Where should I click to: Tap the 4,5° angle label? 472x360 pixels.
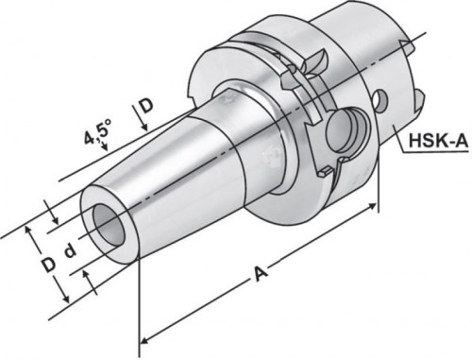click(x=98, y=131)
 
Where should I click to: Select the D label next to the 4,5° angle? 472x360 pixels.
click(x=145, y=106)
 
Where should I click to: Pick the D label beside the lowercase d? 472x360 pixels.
click(x=48, y=265)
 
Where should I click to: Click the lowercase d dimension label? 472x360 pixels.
click(x=70, y=251)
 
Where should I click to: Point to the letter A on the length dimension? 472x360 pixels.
click(x=261, y=273)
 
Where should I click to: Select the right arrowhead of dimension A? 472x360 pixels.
click(x=371, y=206)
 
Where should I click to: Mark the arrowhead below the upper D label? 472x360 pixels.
click(x=144, y=127)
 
